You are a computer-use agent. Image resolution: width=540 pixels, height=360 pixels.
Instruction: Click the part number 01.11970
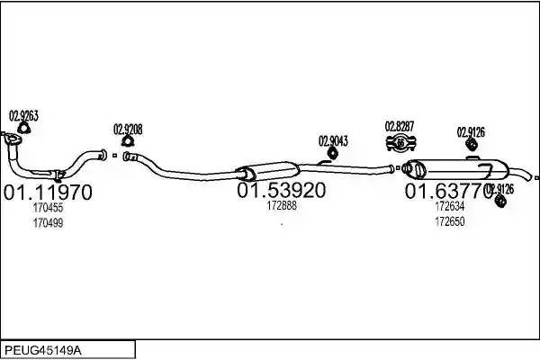pos(48,193)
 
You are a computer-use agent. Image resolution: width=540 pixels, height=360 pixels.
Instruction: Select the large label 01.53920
pos(281,190)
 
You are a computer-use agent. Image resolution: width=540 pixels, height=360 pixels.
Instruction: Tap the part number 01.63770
pos(449,191)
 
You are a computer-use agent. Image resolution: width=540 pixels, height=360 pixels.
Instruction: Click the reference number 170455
pos(48,208)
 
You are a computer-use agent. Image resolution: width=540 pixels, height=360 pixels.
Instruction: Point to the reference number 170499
pos(48,223)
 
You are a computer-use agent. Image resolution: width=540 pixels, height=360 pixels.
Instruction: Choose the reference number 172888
pos(282,206)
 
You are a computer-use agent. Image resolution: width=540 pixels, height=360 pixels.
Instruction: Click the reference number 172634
pos(450,206)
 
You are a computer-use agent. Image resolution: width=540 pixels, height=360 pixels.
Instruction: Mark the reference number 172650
pos(450,221)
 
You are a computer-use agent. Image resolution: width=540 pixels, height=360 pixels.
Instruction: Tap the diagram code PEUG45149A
pos(43,350)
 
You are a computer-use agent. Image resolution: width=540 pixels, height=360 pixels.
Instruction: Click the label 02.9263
pos(23,116)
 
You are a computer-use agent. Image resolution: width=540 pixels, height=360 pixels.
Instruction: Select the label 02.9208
pos(128,130)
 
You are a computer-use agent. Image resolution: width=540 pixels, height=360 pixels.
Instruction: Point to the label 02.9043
pos(333,141)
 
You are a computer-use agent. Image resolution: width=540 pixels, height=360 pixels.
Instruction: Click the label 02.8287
pos(400,126)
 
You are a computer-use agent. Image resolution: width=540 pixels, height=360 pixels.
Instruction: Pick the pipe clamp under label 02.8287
pos(400,143)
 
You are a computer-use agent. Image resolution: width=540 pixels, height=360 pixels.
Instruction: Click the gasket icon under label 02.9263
pos(23,128)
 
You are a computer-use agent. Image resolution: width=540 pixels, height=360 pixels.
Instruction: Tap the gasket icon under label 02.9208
pos(128,141)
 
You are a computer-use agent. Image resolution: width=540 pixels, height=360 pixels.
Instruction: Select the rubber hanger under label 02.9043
pos(332,153)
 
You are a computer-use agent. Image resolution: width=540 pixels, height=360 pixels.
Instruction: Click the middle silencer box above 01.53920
pos(270,170)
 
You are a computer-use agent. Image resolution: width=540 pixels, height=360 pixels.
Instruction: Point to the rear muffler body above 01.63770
pos(456,169)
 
